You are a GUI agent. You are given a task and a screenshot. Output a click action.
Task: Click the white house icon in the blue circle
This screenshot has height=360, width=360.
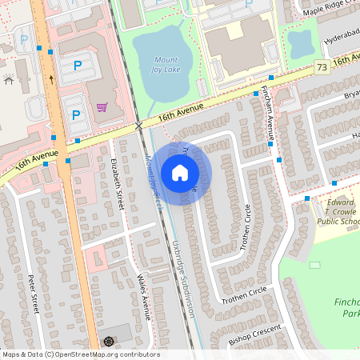[x=180, y=172]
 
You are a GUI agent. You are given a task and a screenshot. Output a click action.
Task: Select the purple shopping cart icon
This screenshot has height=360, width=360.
[x=102, y=107]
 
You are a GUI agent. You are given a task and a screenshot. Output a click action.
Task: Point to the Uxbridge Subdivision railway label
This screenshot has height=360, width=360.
[x=183, y=273]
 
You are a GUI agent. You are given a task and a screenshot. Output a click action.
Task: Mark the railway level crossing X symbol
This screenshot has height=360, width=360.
[x=139, y=126]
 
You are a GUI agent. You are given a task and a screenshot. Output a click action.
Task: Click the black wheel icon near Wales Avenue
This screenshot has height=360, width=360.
[x=109, y=342]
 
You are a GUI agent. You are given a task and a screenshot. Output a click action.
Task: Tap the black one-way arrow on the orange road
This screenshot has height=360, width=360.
[x=51, y=79]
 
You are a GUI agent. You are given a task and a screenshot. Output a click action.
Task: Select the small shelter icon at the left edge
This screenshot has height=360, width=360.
[x=8, y=79]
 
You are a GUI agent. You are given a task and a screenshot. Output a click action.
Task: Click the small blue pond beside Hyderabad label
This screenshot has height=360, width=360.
[x=301, y=45]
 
